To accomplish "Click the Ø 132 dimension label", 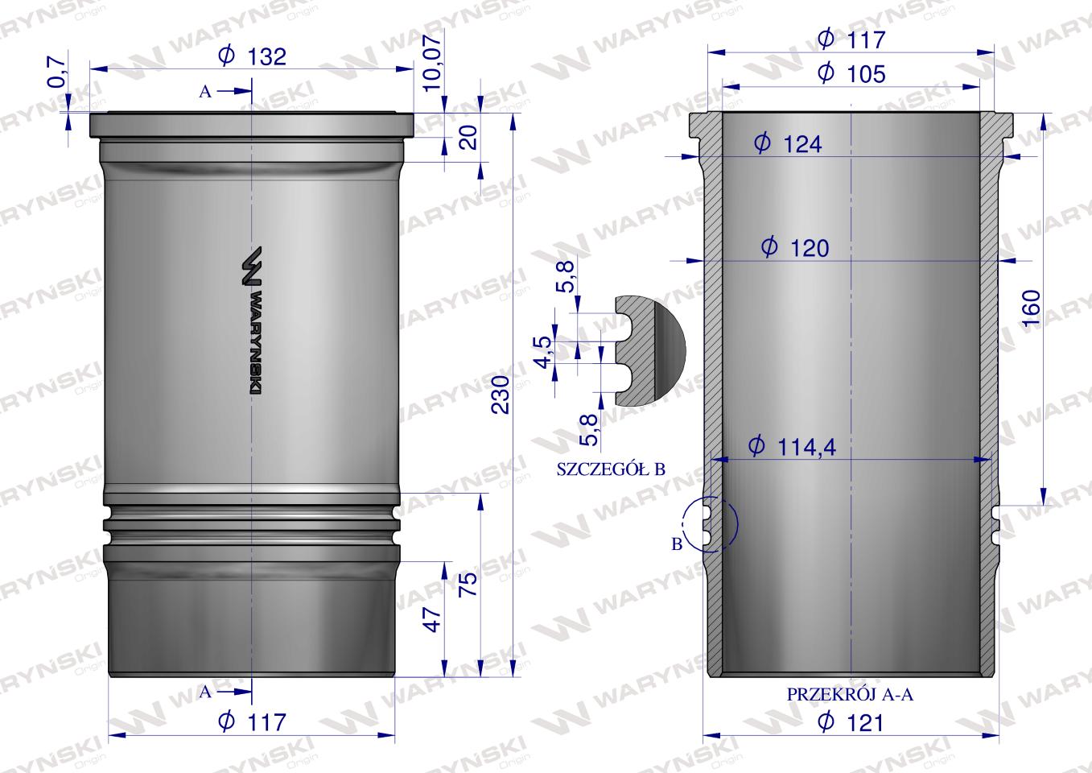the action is click(252, 56).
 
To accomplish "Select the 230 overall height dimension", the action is click(501, 395).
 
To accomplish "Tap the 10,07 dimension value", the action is click(432, 61).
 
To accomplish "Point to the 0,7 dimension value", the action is click(56, 72).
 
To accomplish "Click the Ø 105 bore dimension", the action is click(851, 73).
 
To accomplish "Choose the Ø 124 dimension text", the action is click(788, 144).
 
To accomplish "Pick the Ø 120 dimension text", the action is click(795, 248).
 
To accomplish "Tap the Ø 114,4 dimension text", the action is click(792, 446).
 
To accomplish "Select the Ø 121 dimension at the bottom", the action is click(851, 721).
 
